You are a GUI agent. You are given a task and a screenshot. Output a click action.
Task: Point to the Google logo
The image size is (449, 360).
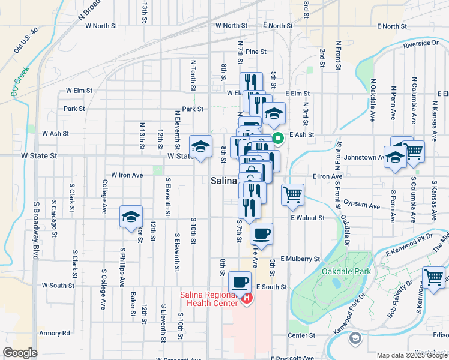pyautogui.click(x=20, y=352)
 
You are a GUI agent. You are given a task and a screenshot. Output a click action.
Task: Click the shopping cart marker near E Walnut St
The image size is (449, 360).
pyautogui.click(x=292, y=194)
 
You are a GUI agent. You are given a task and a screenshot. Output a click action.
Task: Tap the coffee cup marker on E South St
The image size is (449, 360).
pyautogui.click(x=240, y=281)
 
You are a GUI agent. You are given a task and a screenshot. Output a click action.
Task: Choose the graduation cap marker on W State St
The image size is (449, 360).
pyautogui.click(x=201, y=146)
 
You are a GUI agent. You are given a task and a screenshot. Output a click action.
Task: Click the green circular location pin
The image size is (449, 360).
pyautogui.click(x=279, y=139)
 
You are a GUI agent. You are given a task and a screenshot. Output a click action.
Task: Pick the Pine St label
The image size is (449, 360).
pyautogui.click(x=255, y=52)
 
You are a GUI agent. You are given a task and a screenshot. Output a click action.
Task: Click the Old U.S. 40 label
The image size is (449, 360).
pyautogui.click(x=26, y=40)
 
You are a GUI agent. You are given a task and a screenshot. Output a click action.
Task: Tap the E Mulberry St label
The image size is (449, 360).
pyautogui.click(x=300, y=259)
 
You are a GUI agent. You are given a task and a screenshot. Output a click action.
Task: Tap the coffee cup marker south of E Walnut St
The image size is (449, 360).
pyautogui.click(x=261, y=233)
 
